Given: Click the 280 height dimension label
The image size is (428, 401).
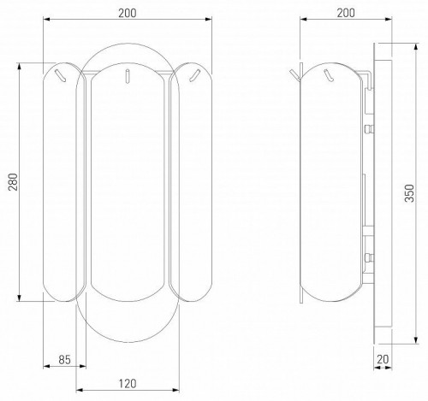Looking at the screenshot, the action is (x=13, y=182).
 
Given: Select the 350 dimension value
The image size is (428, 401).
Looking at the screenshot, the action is (x=409, y=193).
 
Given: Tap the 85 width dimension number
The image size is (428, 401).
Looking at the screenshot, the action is (x=64, y=360).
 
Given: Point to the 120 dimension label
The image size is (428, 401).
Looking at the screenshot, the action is (x=128, y=384).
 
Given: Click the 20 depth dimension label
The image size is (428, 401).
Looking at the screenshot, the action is (x=383, y=359).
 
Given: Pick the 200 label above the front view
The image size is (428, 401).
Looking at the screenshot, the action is (x=128, y=13).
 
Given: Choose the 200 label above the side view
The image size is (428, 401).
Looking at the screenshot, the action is (x=346, y=13).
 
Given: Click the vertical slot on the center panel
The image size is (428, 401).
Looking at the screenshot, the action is (x=128, y=76).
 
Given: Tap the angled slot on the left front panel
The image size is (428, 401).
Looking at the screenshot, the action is (x=60, y=75).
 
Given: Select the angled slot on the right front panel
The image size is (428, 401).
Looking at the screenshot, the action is (x=194, y=75).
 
